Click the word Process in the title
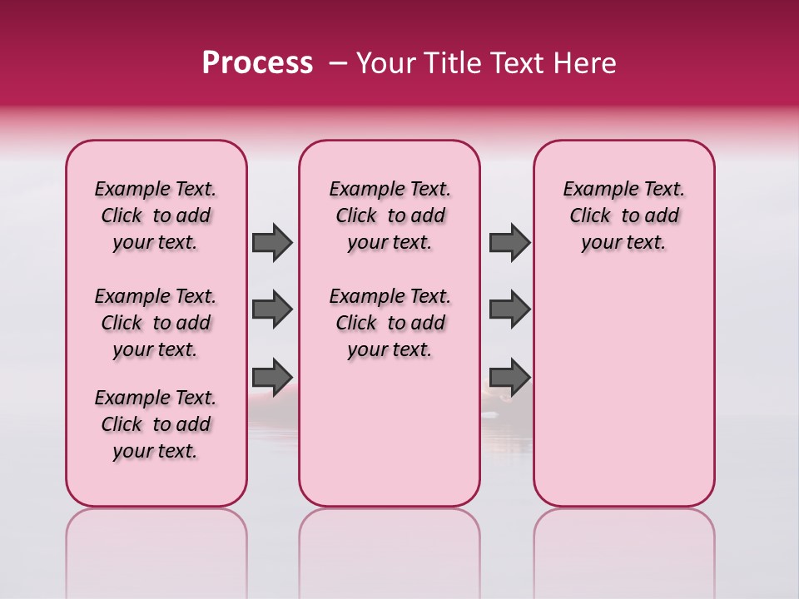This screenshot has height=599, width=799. (x=257, y=63)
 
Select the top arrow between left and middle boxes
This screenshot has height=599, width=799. (x=271, y=243)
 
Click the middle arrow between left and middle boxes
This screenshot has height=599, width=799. (x=271, y=309)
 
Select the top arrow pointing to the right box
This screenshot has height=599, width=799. (x=509, y=243)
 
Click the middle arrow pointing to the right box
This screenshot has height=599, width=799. (x=509, y=309)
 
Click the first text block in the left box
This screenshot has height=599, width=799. (x=156, y=215)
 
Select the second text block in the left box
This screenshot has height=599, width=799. (x=156, y=323)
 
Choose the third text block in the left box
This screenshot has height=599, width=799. (x=156, y=424)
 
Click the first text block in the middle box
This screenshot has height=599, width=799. (x=390, y=215)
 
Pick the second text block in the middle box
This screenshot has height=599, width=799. (x=390, y=323)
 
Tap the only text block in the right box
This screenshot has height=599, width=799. (x=623, y=215)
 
